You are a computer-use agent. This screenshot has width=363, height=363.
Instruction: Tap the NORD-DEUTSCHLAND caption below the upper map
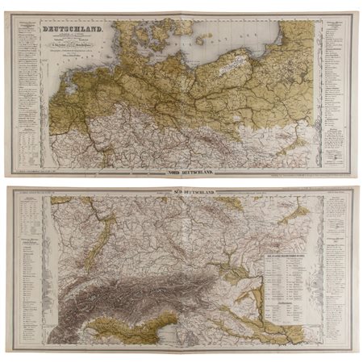pyautogui.click(x=181, y=172)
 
